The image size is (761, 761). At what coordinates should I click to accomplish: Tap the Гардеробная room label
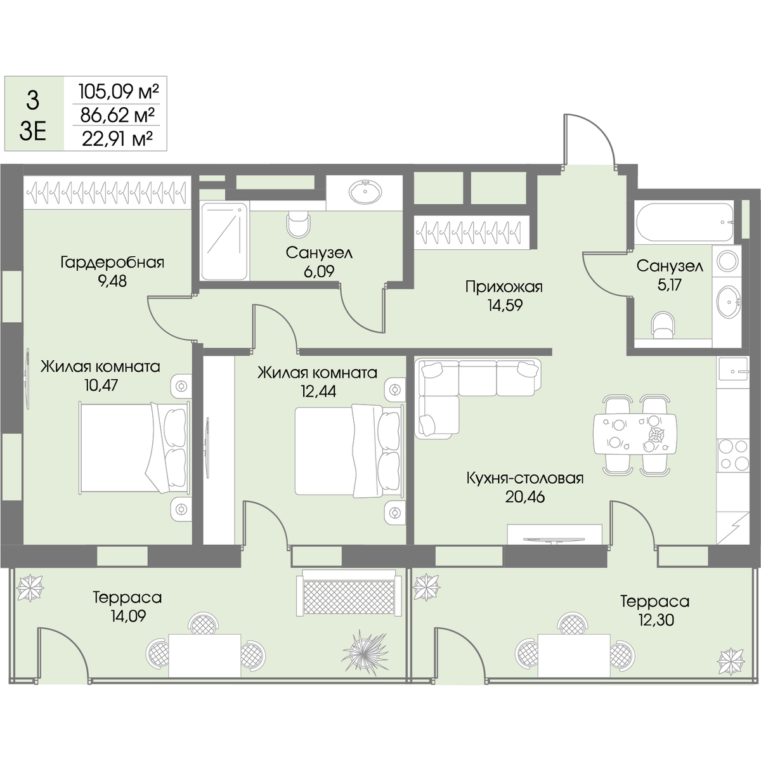pos(112,263)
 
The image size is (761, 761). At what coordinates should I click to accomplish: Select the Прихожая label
pos(504,287)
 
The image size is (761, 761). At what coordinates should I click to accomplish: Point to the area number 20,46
pos(525,497)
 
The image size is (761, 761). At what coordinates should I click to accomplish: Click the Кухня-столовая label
pos(525,478)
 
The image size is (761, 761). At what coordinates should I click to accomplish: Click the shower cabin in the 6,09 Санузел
pos(224,241)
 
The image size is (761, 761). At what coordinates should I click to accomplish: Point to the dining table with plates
pos(634,434)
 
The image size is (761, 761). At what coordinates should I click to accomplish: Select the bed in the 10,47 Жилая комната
pos(135,447)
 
